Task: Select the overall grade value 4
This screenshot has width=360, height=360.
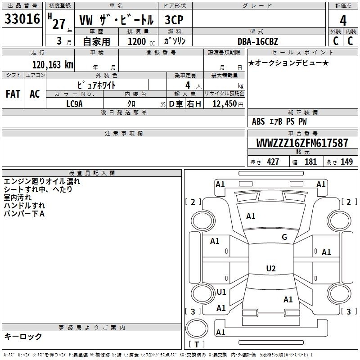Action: [x=343, y=20]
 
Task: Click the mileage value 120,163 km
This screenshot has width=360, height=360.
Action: [x=53, y=64]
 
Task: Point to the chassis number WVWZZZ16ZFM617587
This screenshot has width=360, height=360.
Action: [x=302, y=144]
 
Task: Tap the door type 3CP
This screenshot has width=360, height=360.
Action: [x=174, y=20]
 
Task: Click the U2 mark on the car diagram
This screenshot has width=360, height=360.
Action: [x=270, y=269]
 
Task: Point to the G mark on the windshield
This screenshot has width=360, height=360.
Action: [x=284, y=237]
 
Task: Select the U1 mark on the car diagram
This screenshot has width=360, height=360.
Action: [x=221, y=292]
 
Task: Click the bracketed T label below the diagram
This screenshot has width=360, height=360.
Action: [x=197, y=345]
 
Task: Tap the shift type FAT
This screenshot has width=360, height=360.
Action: [x=13, y=94]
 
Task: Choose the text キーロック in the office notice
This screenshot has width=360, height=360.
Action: [x=23, y=336]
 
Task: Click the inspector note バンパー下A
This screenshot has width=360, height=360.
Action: [x=24, y=214]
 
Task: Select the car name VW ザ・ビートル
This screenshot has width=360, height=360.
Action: [x=116, y=20]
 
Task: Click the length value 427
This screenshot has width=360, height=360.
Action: [x=273, y=162]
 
